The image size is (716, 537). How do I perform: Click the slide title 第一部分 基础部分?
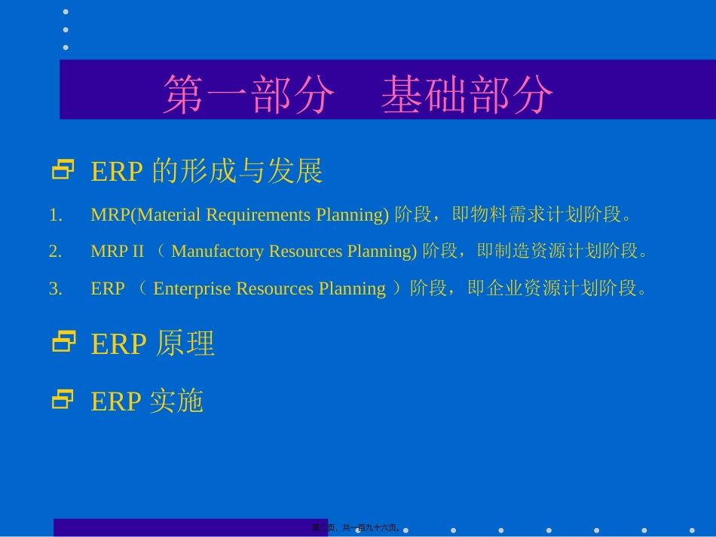[358, 94]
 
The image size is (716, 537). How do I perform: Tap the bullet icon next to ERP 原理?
[63, 342]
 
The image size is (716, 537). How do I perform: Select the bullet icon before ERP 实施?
[63, 399]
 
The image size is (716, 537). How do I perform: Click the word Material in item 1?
[167, 215]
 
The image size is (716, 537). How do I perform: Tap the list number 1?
[55, 215]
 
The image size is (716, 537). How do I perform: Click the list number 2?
[55, 252]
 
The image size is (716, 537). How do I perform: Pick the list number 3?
[55, 288]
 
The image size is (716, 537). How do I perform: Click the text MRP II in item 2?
[117, 252]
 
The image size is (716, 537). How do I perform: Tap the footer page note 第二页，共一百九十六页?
[356, 528]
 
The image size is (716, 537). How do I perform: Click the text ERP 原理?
[153, 344]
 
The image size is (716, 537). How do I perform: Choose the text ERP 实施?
[147, 401]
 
